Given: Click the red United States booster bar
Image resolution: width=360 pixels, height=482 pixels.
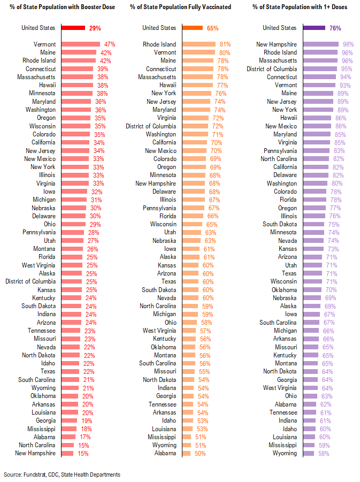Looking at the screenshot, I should tap(73, 28).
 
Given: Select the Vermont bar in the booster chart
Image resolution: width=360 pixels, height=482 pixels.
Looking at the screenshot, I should tap(81, 44).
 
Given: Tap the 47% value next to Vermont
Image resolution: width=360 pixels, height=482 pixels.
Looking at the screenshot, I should tap(110, 44).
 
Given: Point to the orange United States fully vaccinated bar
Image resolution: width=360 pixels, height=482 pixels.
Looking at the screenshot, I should tap(193, 28).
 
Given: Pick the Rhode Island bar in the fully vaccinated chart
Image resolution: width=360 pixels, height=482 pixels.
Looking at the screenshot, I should tap(199, 44).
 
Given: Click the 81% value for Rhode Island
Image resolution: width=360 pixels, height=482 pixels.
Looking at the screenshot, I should tap(225, 44).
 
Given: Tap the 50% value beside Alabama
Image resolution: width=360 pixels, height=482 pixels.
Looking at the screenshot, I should tap(199, 453).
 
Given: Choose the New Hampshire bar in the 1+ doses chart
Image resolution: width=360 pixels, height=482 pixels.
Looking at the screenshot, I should tap(323, 44).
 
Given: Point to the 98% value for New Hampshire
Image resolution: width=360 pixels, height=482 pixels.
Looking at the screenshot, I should tap(349, 44).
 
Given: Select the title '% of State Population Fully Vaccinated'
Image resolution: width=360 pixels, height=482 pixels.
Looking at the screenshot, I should tap(180, 6).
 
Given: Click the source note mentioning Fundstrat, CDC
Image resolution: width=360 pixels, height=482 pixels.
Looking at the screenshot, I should tap(62, 475).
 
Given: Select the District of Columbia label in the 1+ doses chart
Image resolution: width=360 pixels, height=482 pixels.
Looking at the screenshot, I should tap(272, 69).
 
